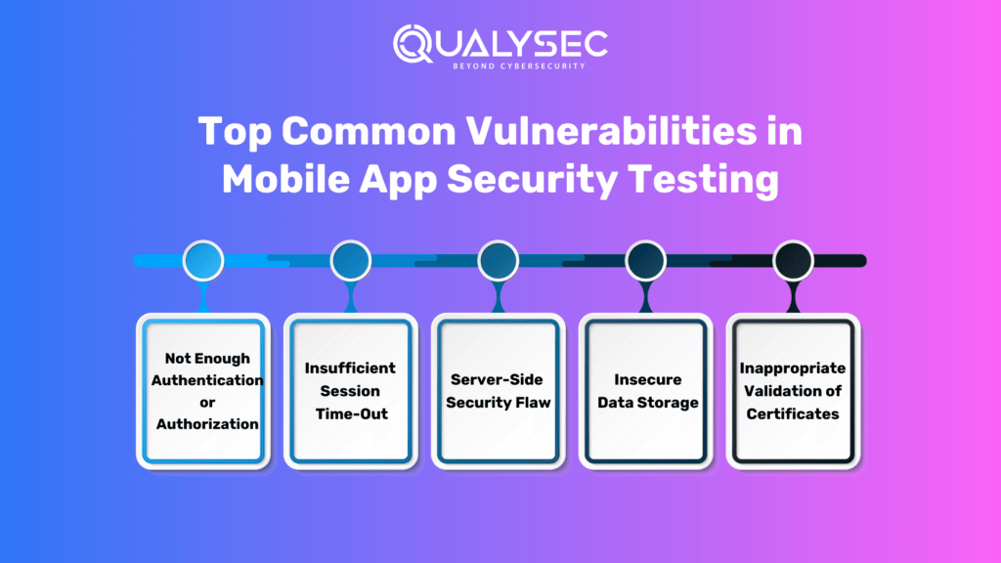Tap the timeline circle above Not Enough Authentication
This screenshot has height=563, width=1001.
pos(203,261)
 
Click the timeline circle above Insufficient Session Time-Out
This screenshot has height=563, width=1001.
pos(350,261)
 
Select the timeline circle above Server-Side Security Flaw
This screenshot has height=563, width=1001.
pos(499,261)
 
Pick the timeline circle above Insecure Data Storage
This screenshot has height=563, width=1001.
pos(645,261)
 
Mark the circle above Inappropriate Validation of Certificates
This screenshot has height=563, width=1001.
pos(793,261)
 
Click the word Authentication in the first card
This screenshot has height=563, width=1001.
pos(207,380)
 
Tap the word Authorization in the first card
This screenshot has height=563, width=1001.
pos(207,424)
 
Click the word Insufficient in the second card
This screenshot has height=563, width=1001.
pos(350,368)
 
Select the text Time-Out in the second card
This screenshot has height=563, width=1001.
pos(351,413)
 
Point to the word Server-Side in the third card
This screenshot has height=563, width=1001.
pos(499,380)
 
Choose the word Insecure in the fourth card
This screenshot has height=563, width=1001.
pos(646,380)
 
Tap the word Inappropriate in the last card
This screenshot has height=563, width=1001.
pos(793,368)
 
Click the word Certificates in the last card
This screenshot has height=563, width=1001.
pos(793,413)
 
